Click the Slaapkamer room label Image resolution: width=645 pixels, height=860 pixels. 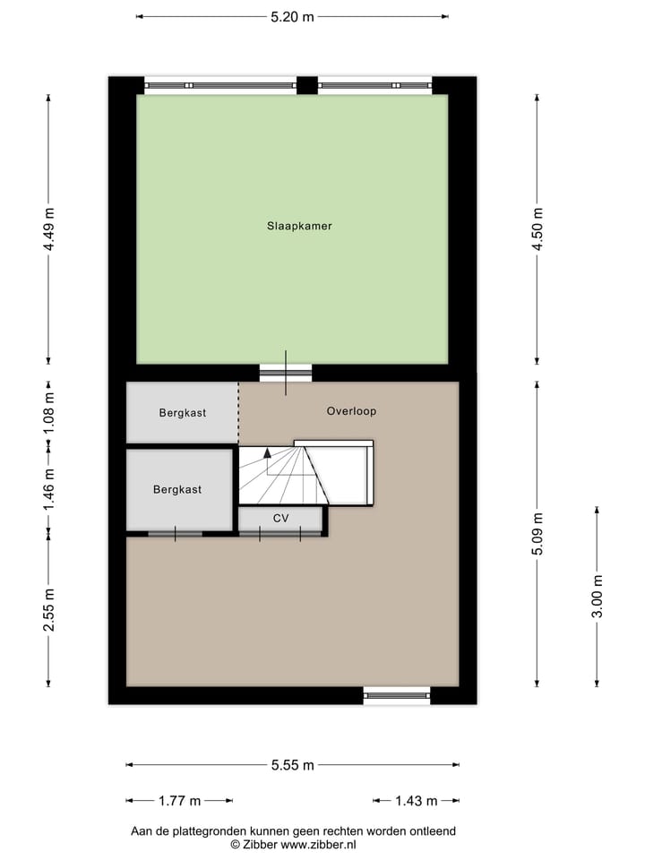(299, 227)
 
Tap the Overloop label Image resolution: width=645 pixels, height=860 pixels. (351, 412)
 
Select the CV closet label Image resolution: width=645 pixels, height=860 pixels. (281, 519)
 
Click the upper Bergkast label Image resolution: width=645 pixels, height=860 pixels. (183, 413)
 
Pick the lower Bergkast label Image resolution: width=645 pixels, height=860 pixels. (177, 490)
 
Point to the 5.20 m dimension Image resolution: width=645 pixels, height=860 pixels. (292, 16)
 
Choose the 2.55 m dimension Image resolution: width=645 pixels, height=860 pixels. (49, 610)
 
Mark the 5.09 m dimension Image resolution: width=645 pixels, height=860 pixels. (537, 534)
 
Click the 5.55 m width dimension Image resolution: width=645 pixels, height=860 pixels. (293, 765)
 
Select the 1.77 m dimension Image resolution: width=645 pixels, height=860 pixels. (179, 801)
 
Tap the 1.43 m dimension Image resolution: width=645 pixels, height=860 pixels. (417, 801)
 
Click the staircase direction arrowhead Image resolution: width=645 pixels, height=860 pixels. (267, 454)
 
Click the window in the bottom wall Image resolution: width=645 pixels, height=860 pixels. (397, 694)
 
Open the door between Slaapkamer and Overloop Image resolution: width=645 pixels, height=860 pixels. (286, 374)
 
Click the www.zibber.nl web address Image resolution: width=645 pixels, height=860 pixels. (319, 844)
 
